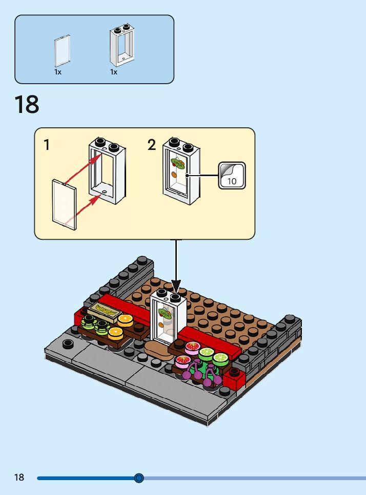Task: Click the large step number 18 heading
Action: pyautogui.click(x=27, y=104)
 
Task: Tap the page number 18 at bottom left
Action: pyautogui.click(x=19, y=478)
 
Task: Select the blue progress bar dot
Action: pyautogui.click(x=139, y=478)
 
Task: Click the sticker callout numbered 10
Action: pyautogui.click(x=232, y=175)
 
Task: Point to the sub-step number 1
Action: pyautogui.click(x=47, y=145)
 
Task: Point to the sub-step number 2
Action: pyautogui.click(x=151, y=145)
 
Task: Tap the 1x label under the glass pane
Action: pyautogui.click(x=58, y=72)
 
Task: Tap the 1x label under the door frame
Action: pyautogui.click(x=114, y=72)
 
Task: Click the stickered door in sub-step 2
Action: pyautogui.click(x=181, y=172)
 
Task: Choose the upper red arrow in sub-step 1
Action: pyautogui.click(x=82, y=168)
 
